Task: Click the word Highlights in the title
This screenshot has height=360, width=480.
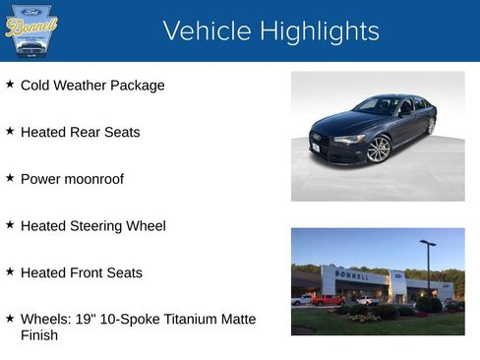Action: (x=315, y=31)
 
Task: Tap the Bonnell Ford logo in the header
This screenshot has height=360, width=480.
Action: (x=31, y=30)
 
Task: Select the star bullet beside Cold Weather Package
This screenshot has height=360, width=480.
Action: (x=10, y=85)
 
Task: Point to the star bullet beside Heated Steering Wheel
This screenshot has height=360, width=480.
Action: (x=10, y=225)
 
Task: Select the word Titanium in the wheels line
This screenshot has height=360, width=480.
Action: (x=184, y=319)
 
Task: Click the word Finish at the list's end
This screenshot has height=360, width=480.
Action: (x=39, y=335)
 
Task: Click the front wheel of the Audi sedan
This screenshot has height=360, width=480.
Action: (x=379, y=149)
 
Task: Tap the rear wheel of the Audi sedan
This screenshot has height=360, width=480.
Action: (x=431, y=126)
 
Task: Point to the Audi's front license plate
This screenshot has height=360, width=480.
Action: (x=315, y=149)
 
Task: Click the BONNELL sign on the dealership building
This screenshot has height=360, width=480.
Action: (x=352, y=274)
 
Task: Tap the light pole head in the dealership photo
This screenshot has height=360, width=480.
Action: (x=428, y=243)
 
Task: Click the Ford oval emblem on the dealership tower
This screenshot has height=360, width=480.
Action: (x=398, y=275)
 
